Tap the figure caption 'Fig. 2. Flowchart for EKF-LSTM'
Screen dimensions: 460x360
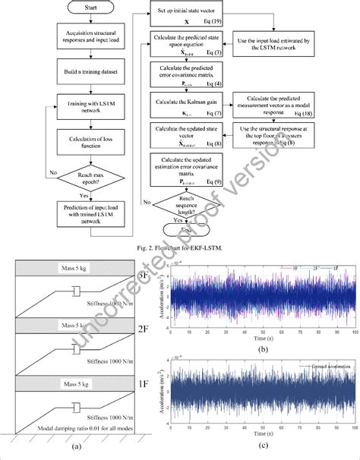point(179,246)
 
